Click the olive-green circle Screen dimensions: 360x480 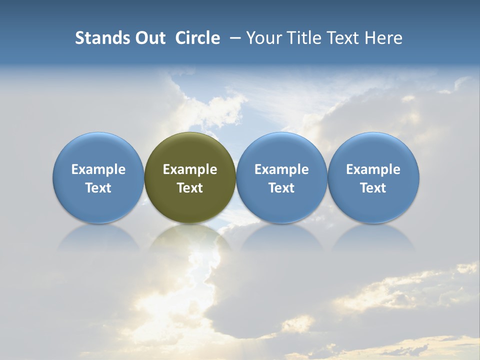tap(190, 150)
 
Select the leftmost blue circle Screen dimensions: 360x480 tap(98, 150)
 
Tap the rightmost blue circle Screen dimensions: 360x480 tap(373, 150)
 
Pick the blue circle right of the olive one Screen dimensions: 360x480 tap(281, 150)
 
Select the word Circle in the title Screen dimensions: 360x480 tap(197, 38)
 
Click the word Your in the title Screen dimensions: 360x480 tap(264, 38)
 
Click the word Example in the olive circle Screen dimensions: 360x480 tap(190, 170)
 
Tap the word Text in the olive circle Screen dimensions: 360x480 tap(190, 188)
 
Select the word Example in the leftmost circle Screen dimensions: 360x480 tap(98, 170)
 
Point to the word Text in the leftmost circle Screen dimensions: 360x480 tap(98, 188)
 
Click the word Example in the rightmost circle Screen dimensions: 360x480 tap(373, 170)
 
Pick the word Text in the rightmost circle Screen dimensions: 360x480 tap(373, 188)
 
